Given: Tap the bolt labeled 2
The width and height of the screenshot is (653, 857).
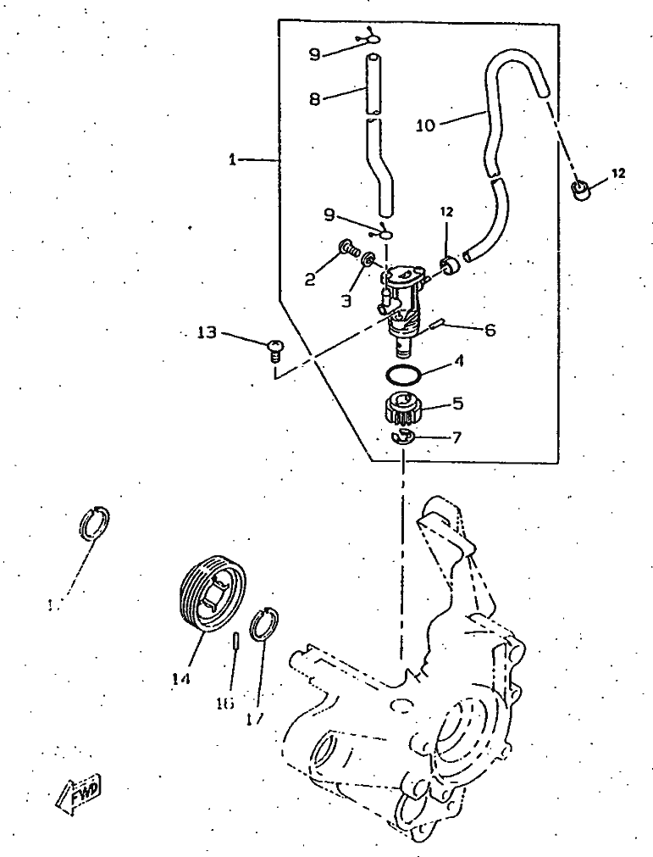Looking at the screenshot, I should pyautogui.click(x=347, y=248).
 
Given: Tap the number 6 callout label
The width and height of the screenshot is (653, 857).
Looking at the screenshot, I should pyautogui.click(x=490, y=331).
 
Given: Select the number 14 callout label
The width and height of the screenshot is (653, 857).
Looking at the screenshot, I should pyautogui.click(x=180, y=678).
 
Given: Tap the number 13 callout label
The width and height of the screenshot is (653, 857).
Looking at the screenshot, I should pyautogui.click(x=208, y=333).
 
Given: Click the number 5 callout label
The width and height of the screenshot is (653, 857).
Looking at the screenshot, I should pyautogui.click(x=457, y=404).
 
